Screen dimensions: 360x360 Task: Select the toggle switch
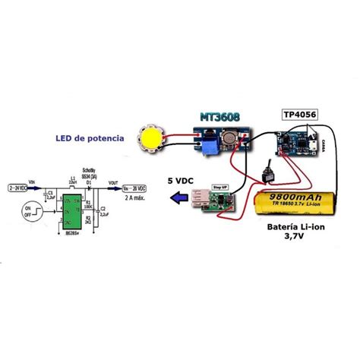pyautogui.click(x=267, y=174)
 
